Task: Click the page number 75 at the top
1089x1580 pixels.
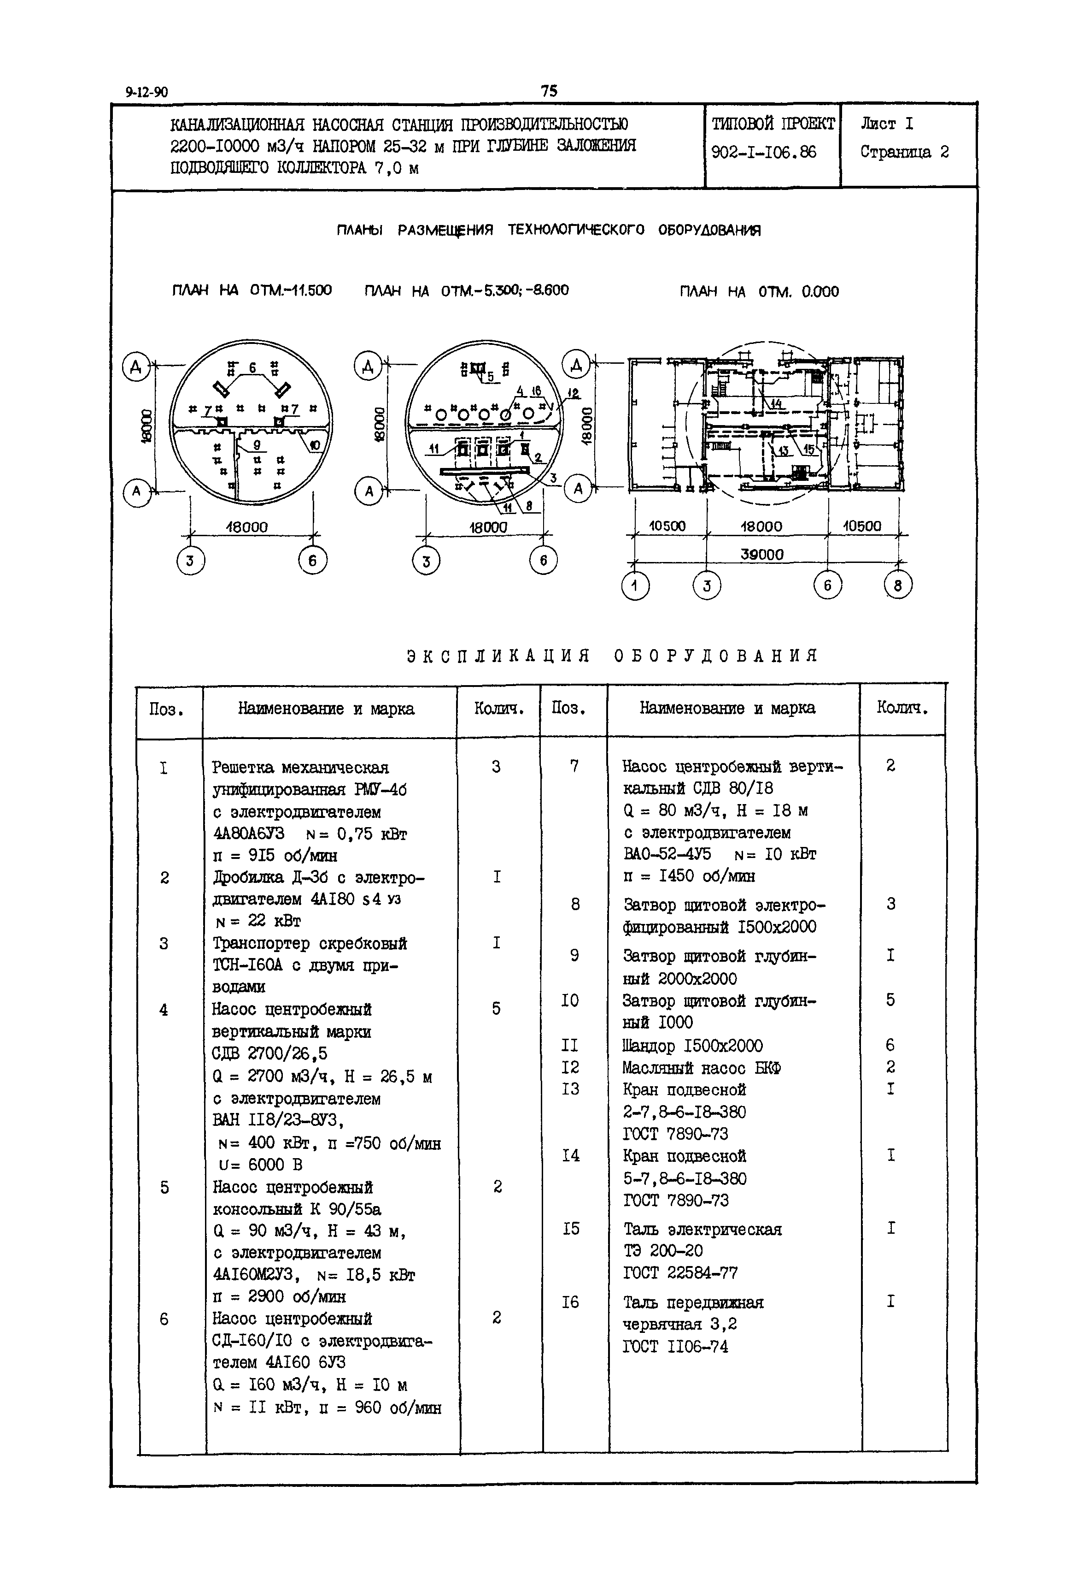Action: pyautogui.click(x=549, y=91)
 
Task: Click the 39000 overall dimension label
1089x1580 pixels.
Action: pyautogui.click(x=762, y=555)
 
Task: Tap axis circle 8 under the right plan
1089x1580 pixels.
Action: pyautogui.click(x=897, y=585)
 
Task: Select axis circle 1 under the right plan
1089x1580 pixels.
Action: pyautogui.click(x=635, y=586)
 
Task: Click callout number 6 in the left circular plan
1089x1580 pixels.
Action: pyautogui.click(x=252, y=367)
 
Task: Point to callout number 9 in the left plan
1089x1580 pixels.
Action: pyautogui.click(x=257, y=445)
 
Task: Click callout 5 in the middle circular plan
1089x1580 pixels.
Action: pyautogui.click(x=490, y=376)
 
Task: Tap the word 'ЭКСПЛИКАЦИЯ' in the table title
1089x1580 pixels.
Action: pyautogui.click(x=498, y=656)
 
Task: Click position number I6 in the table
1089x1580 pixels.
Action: pyautogui.click(x=570, y=1302)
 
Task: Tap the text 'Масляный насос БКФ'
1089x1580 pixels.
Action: pyautogui.click(x=702, y=1067)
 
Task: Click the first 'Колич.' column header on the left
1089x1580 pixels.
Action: pyautogui.click(x=499, y=709)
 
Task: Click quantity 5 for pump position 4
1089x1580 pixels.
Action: pyautogui.click(x=496, y=1008)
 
